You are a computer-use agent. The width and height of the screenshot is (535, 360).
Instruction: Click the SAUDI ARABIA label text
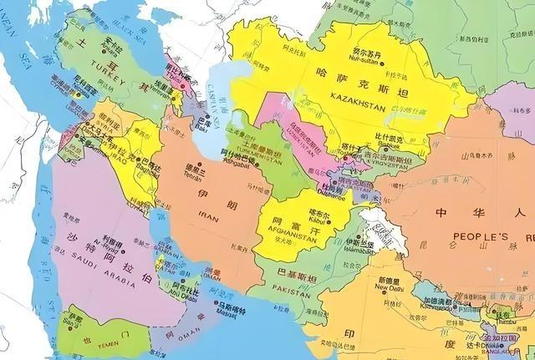point(96,259)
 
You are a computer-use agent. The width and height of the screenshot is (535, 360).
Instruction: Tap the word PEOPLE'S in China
point(481,236)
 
